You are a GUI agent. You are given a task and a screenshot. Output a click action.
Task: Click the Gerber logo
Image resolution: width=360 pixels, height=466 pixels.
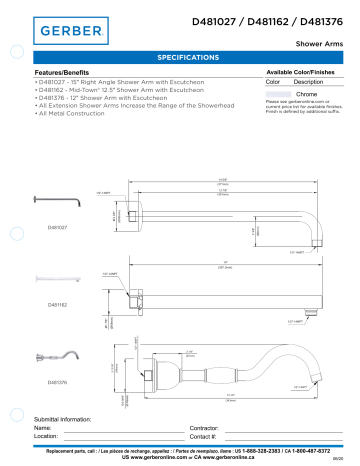pos(70,30)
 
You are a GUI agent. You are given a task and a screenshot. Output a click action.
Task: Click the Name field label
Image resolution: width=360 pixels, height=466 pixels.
pos(43,427)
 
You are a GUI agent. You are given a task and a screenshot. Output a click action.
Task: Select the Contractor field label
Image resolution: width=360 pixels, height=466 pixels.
pos(205,427)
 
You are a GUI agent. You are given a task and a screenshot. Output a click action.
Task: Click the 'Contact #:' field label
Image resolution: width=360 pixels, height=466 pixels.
pos(203,437)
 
